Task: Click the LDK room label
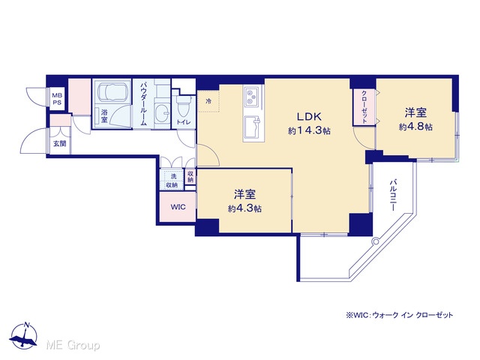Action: [309, 117]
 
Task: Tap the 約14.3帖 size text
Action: [309, 131]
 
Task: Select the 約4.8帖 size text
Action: [415, 127]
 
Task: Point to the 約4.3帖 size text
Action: [244, 208]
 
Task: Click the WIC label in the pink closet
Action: [178, 207]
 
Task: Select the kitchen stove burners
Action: [252, 95]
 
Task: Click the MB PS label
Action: [57, 99]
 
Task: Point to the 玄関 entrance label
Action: [60, 143]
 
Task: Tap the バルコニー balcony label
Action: [392, 196]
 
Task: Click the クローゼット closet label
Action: [364, 106]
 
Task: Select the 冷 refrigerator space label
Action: [208, 101]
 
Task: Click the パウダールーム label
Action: [143, 103]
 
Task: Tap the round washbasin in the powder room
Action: [162, 112]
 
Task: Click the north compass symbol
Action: [23, 336]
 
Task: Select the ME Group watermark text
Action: [73, 346]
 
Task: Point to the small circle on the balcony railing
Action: [375, 241]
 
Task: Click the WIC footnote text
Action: [400, 315]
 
